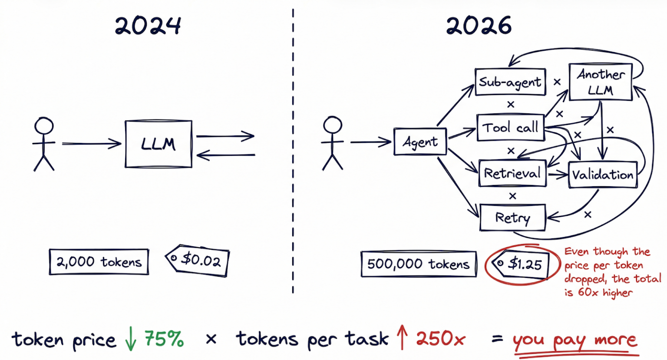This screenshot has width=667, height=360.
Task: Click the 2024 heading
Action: (148, 26)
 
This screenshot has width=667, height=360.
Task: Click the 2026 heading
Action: (479, 26)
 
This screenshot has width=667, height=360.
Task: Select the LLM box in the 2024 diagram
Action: (158, 144)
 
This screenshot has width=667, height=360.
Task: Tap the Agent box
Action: (420, 142)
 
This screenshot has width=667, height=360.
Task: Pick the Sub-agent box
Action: (510, 82)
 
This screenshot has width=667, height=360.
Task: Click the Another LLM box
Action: (601, 82)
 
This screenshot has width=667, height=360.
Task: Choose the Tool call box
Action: (511, 128)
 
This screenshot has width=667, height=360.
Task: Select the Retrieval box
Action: (512, 173)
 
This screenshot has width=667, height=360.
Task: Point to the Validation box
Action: (603, 175)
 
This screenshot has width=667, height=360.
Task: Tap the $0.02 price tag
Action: (198, 261)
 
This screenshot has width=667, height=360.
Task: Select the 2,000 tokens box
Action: (99, 262)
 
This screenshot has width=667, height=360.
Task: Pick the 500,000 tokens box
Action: (419, 264)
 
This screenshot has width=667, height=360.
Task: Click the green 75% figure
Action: (164, 339)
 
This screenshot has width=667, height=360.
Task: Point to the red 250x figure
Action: (441, 339)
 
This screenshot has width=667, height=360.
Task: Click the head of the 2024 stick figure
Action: (44, 126)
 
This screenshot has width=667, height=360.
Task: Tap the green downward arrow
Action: (130, 339)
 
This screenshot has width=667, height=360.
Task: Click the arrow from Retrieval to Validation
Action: (558, 175)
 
